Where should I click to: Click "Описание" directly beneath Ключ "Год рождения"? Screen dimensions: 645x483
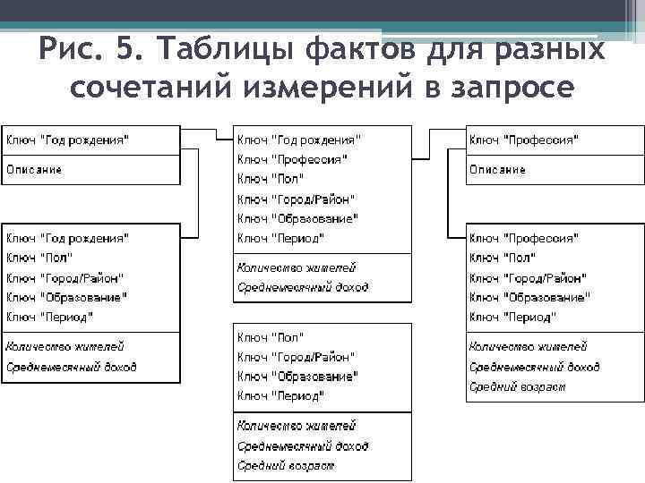(x=35, y=169)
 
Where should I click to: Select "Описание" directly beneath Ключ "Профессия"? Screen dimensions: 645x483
(x=498, y=169)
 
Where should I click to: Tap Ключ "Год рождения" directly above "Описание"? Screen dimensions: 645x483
(x=67, y=140)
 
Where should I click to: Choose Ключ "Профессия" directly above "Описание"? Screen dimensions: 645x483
(x=524, y=140)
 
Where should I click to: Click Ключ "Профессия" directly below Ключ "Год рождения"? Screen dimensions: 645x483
(x=292, y=159)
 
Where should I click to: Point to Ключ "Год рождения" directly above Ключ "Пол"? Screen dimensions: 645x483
(x=67, y=238)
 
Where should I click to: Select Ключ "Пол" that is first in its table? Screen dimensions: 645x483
(x=271, y=336)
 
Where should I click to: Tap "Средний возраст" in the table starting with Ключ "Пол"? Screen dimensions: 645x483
(x=285, y=465)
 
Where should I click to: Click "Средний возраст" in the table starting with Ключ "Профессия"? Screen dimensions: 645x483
(x=516, y=386)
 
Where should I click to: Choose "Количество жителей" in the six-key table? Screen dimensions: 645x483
(x=296, y=267)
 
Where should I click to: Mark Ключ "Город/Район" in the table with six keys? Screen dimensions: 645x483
(x=296, y=199)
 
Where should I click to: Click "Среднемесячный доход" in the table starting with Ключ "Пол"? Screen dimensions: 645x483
(x=302, y=445)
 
